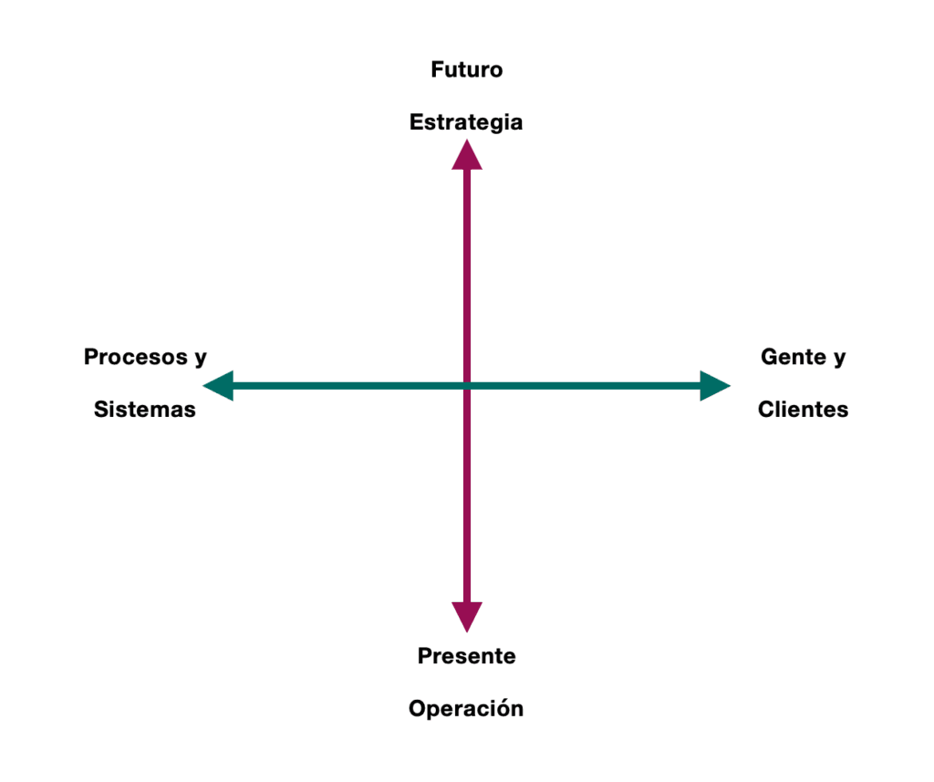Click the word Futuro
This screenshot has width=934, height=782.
click(466, 70)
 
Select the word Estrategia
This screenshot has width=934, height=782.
click(466, 122)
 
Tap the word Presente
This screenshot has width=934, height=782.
click(466, 655)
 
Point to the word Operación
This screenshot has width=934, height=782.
click(466, 708)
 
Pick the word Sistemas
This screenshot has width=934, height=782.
click(145, 410)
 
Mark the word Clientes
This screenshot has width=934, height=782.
click(803, 410)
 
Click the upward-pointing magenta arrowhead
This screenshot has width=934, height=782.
click(467, 155)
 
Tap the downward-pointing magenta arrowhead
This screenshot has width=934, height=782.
click(467, 617)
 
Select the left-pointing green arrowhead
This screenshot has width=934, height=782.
click(219, 386)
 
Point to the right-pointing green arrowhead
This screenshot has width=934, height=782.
click(714, 386)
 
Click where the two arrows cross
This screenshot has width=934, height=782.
click(467, 386)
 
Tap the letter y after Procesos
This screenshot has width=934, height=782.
click(201, 359)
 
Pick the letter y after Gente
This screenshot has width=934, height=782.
click(839, 359)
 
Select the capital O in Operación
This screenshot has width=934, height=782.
click(417, 708)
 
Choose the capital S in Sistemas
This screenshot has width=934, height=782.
click(101, 410)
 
